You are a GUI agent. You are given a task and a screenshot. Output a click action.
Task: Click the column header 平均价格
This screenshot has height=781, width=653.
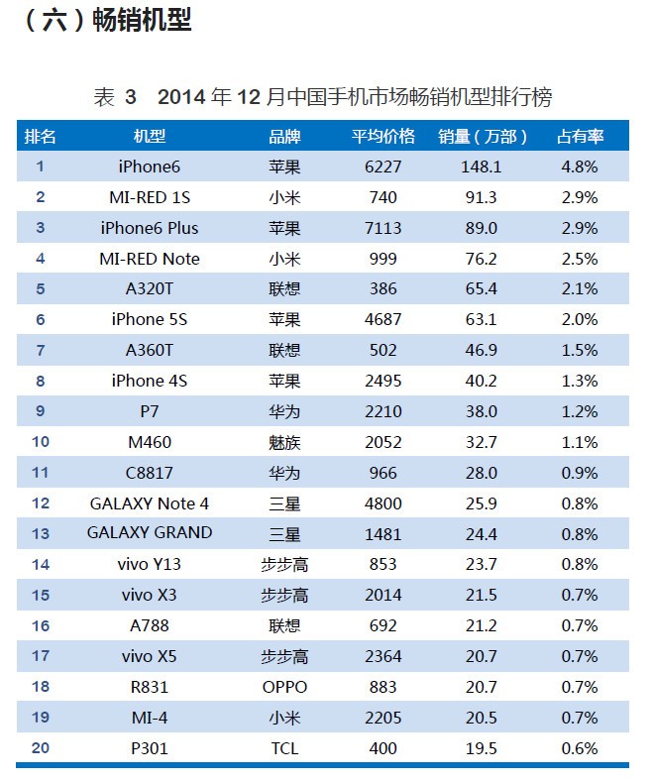point(382,136)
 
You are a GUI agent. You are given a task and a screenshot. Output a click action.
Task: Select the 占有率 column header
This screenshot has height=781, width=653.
point(580,136)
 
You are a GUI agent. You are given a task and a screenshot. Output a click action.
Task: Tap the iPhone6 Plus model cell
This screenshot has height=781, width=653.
point(150,228)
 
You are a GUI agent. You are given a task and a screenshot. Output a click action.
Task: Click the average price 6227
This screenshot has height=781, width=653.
point(382,167)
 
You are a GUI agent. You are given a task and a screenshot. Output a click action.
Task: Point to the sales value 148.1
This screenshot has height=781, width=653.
point(482,167)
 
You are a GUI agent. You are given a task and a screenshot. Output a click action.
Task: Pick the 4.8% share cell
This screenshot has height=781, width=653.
point(580,167)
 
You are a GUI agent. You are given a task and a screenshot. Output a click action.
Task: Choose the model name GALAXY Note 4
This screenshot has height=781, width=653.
point(150,502)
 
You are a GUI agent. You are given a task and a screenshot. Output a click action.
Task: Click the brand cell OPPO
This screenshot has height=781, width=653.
point(284,687)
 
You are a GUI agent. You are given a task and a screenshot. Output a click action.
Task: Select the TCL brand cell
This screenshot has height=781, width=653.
point(284,748)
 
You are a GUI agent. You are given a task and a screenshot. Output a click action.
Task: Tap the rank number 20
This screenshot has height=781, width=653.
point(40,748)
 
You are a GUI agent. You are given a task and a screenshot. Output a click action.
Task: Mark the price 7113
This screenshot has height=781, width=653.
point(382,228)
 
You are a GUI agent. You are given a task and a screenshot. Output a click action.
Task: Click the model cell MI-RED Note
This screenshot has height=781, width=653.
point(150,259)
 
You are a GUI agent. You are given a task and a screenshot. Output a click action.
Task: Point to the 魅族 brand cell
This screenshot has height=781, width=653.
point(284,442)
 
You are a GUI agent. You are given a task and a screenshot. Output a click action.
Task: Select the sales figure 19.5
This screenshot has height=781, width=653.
point(482,748)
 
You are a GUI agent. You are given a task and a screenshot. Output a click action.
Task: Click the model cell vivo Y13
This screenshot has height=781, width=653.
point(150,564)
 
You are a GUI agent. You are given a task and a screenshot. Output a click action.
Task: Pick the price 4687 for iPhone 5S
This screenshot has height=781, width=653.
point(382,319)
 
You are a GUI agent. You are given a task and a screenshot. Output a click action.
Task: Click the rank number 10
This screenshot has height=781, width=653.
point(40,442)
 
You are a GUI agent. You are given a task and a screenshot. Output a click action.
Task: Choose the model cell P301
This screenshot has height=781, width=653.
point(150,748)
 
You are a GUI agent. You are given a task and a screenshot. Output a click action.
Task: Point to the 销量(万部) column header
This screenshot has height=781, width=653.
point(483,136)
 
